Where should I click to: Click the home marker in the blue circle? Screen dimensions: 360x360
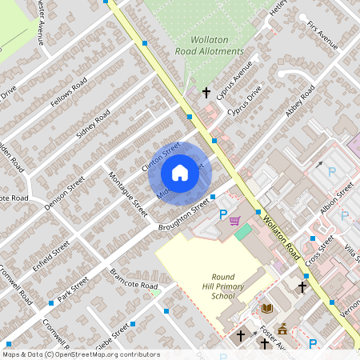pyautogui.click(x=180, y=173)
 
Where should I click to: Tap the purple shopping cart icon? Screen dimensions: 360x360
pyautogui.click(x=234, y=221)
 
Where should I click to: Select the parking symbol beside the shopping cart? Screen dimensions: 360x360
pyautogui.click(x=223, y=214)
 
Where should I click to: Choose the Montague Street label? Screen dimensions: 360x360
pyautogui.click(x=128, y=195)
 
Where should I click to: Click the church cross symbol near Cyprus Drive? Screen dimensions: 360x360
pyautogui.click(x=206, y=93)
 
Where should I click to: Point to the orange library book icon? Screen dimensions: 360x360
pyautogui.click(x=267, y=308)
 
